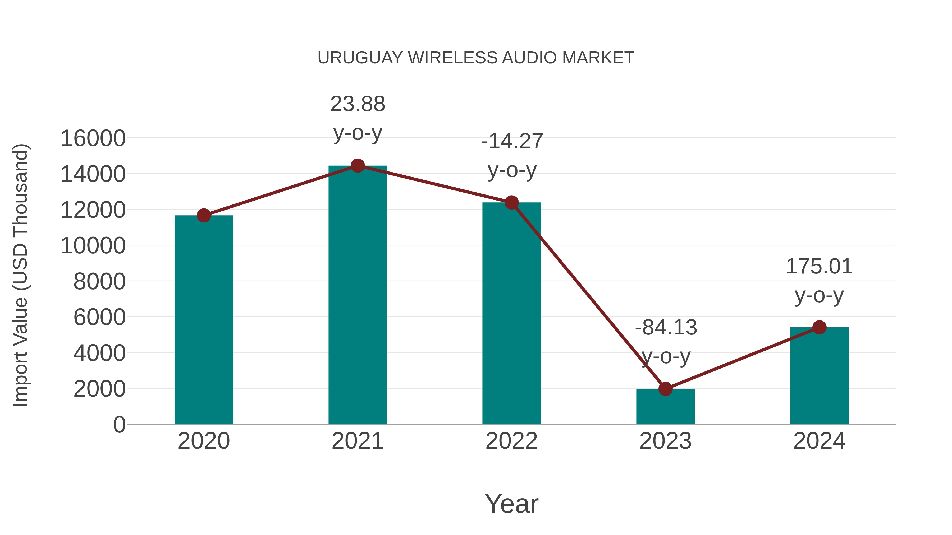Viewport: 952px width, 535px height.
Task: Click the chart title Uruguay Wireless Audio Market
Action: pos(476,58)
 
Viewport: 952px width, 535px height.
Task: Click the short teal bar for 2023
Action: pos(665,406)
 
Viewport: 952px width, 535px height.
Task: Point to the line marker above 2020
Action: pos(204,215)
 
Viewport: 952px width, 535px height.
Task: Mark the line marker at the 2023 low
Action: pos(665,389)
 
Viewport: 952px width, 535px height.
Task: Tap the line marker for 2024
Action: pos(819,327)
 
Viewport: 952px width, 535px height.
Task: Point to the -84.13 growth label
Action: pos(666,328)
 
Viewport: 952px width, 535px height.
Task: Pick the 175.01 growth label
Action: pos(819,267)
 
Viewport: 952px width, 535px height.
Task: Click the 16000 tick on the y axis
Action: pos(93,138)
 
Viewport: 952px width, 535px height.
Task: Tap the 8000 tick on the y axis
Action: pos(99,281)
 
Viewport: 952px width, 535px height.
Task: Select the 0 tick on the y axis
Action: pos(119,424)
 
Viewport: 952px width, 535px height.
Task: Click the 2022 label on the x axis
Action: pos(511,441)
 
